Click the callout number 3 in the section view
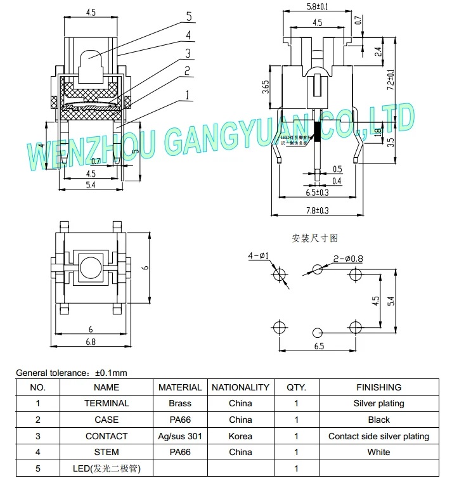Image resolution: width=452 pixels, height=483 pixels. [188, 53]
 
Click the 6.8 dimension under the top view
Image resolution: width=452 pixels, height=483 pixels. [90, 342]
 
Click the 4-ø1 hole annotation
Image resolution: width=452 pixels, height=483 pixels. [259, 256]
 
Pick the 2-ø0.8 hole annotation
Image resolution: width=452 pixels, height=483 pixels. [348, 258]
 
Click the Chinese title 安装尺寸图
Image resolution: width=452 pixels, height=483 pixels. [315, 238]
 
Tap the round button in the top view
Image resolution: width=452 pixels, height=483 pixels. [90, 266]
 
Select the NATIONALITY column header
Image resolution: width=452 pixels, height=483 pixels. [240, 387]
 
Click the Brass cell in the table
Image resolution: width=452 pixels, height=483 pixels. [180, 403]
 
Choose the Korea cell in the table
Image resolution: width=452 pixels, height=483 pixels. [240, 436]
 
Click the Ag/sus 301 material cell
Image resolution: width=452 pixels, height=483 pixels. [180, 436]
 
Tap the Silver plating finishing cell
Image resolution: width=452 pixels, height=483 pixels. [378, 403]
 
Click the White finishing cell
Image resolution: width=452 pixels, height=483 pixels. [378, 453]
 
